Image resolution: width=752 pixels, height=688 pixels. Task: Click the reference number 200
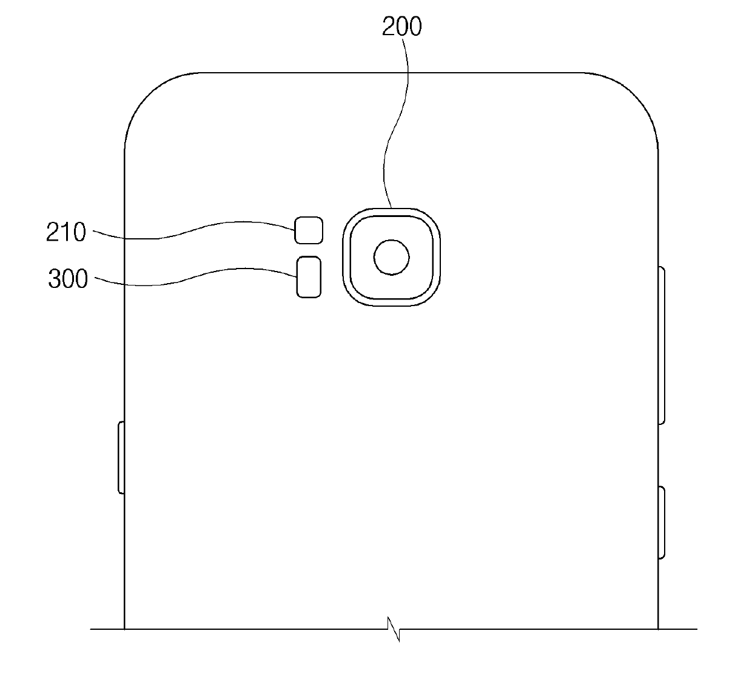[402, 27]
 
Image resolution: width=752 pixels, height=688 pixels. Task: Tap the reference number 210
[66, 232]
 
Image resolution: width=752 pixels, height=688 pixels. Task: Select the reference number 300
[69, 278]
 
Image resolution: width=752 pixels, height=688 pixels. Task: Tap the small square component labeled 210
[309, 230]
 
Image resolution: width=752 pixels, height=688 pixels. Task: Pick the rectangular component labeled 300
[309, 277]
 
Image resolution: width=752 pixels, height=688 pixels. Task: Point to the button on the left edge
[121, 458]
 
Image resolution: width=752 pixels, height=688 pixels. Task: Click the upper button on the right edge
[662, 346]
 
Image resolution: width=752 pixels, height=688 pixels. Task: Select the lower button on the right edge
[662, 523]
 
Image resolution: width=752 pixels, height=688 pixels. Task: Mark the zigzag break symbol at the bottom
[394, 629]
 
